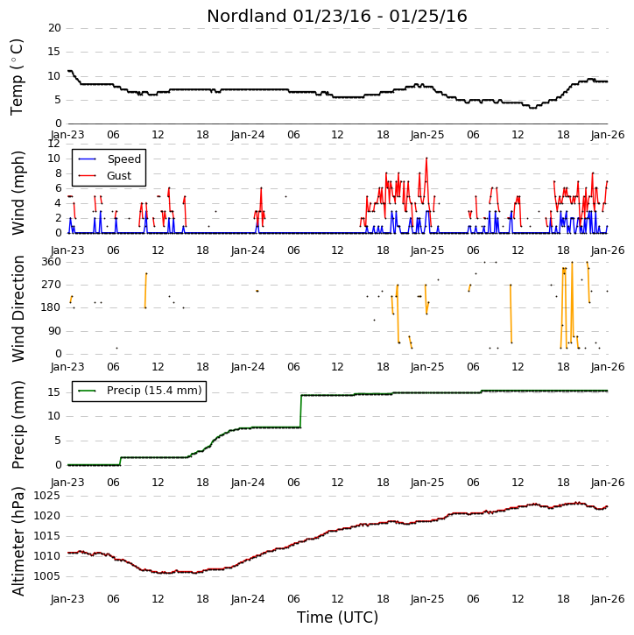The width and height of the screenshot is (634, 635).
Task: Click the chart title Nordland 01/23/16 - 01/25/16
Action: (337, 16)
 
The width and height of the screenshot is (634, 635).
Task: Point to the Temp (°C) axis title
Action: (17, 77)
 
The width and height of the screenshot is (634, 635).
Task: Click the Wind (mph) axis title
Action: (18, 193)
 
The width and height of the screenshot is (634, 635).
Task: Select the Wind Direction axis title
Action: (18, 308)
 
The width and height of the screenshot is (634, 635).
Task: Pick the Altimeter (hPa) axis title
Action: (18, 541)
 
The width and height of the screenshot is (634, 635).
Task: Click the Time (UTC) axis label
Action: (337, 617)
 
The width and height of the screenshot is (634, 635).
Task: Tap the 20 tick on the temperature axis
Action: (54, 28)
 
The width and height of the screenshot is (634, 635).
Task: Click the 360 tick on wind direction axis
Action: (51, 262)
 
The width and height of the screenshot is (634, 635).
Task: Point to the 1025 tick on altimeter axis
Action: (46, 496)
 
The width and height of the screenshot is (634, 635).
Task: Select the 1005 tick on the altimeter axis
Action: (46, 576)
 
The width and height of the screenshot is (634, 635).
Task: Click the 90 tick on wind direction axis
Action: (54, 331)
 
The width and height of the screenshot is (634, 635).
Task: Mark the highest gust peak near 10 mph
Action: (426, 159)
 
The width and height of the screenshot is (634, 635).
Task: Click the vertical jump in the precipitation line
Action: (301, 411)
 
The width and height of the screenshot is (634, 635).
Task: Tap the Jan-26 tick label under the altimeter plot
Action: (607, 599)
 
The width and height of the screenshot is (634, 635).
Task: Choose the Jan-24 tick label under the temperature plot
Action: (248, 135)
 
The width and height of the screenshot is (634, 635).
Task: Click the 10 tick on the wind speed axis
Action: (54, 159)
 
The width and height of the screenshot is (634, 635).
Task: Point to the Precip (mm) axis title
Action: (18, 425)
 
